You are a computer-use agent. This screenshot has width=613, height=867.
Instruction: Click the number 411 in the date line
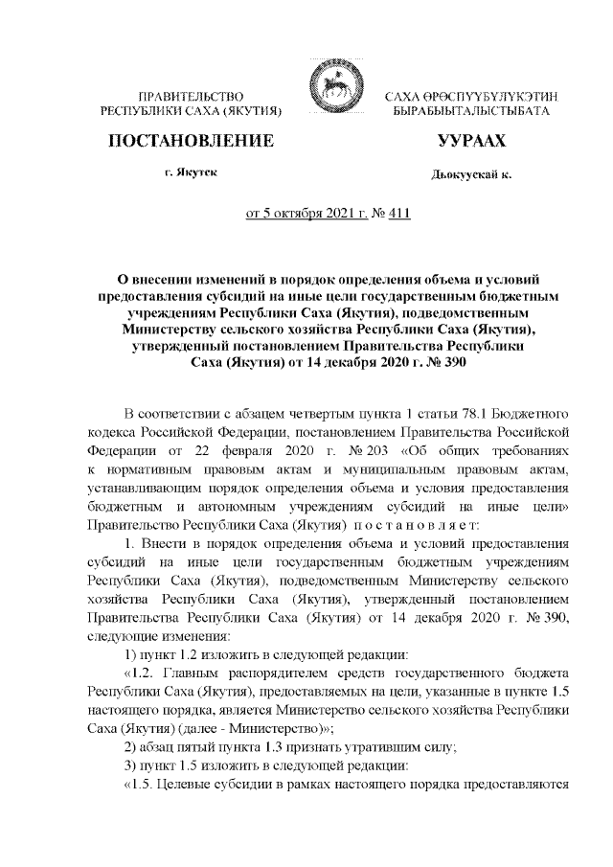(x=397, y=214)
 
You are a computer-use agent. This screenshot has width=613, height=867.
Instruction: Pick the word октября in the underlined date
(x=304, y=214)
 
